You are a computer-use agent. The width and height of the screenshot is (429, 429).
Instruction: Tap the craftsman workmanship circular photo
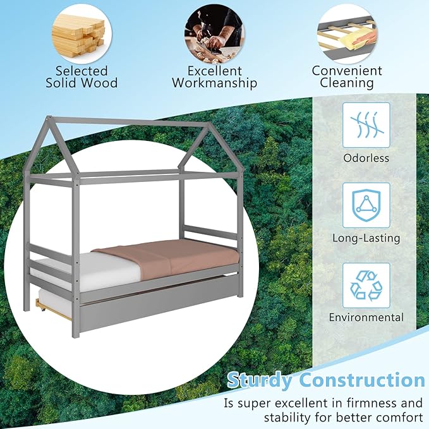(214, 30)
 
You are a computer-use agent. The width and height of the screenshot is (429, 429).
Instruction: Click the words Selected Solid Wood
(81, 76)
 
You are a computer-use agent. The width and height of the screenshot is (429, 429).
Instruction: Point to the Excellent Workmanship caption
(214, 76)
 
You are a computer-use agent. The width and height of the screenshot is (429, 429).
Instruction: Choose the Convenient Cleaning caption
(347, 76)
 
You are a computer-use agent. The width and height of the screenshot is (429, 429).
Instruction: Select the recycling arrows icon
(366, 285)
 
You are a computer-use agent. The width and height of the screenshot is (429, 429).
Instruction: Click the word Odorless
(366, 158)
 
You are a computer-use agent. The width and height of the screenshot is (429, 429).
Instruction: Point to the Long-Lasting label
(366, 238)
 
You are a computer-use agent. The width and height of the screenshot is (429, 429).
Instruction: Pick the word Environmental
(366, 317)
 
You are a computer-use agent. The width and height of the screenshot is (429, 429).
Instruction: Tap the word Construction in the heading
(362, 380)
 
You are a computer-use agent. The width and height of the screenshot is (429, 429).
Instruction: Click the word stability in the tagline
(289, 417)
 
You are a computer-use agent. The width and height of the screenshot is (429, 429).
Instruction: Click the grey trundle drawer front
(158, 308)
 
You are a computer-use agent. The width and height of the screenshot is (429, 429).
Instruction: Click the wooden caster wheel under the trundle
(41, 307)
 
